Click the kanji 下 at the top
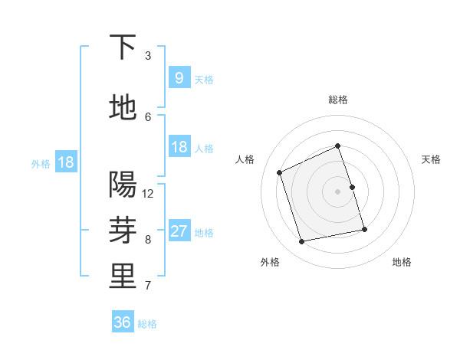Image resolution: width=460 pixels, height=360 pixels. pos(123,47)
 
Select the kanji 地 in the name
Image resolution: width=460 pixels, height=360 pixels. pos(123,107)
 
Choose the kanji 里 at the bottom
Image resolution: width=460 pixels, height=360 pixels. pos(123,277)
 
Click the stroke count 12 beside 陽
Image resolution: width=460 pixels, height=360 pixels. pos(148,194)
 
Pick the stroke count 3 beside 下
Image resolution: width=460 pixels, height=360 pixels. pos(148,56)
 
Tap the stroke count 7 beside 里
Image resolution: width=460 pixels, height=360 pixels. pos(148,286)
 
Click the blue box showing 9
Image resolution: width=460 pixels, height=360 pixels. pos(179,77)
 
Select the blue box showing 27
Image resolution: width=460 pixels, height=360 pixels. pos(179,231)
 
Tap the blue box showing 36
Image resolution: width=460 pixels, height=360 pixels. pos(123,322)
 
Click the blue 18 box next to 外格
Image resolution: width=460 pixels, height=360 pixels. pos(65,162)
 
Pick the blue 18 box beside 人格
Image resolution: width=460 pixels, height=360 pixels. pos(179,147)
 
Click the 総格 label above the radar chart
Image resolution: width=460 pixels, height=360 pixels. pos(337,100)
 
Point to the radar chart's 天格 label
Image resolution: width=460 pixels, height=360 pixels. pos(432,159)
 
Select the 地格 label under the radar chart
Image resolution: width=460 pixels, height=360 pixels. pos(402,262)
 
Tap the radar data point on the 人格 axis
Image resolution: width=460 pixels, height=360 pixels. pos(279,172)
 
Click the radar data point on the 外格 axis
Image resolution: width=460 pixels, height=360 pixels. pos(302,241)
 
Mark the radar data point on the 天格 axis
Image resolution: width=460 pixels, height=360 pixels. pos(352,187)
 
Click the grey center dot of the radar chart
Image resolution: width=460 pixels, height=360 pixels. pos(337,191)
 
